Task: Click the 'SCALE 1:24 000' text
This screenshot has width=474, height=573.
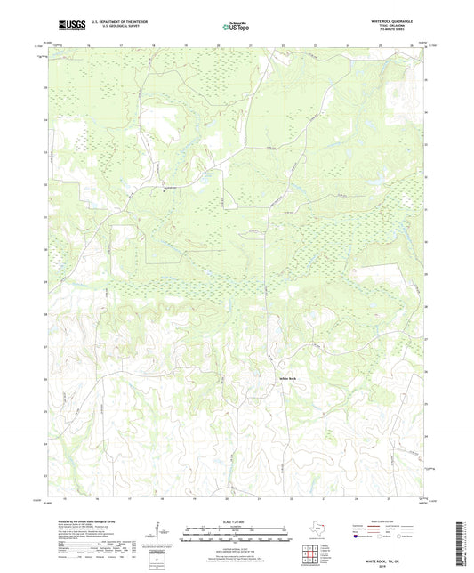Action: (x=236, y=521)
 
